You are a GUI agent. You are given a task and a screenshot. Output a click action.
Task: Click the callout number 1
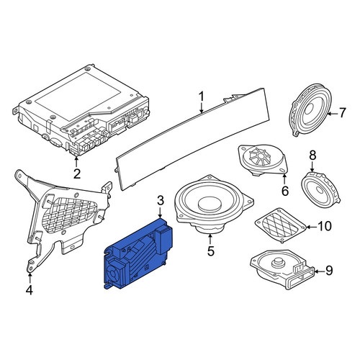click(x=202, y=96)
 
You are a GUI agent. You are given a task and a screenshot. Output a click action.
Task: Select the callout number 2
click(x=77, y=174)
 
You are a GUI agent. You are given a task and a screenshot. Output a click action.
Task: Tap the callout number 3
click(x=161, y=200)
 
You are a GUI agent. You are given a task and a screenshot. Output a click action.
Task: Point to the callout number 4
click(x=29, y=290)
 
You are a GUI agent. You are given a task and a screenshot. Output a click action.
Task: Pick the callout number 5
click(x=210, y=251)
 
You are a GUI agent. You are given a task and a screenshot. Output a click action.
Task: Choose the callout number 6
click(x=285, y=191)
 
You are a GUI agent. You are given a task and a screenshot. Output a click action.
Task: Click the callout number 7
click(x=342, y=113)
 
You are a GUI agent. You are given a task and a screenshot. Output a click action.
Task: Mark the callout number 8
click(x=312, y=156)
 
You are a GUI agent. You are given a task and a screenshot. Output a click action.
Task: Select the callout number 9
click(x=329, y=271)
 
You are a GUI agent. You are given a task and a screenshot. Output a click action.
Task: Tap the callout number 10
click(x=325, y=226)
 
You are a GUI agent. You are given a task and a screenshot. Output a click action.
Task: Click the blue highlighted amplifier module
click(x=138, y=254)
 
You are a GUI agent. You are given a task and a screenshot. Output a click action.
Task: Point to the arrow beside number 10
click(x=311, y=227)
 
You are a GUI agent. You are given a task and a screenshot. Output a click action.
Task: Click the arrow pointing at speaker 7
click(x=332, y=114)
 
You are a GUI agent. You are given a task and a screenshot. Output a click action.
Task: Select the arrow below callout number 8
click(x=312, y=167)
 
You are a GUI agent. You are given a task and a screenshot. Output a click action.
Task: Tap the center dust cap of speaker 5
click(x=210, y=202)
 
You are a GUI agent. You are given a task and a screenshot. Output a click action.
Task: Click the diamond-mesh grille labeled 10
click(x=281, y=225)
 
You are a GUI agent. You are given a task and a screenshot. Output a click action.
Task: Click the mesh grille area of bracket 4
click(x=70, y=212)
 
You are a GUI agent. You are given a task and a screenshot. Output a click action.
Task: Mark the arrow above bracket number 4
click(x=30, y=279)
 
